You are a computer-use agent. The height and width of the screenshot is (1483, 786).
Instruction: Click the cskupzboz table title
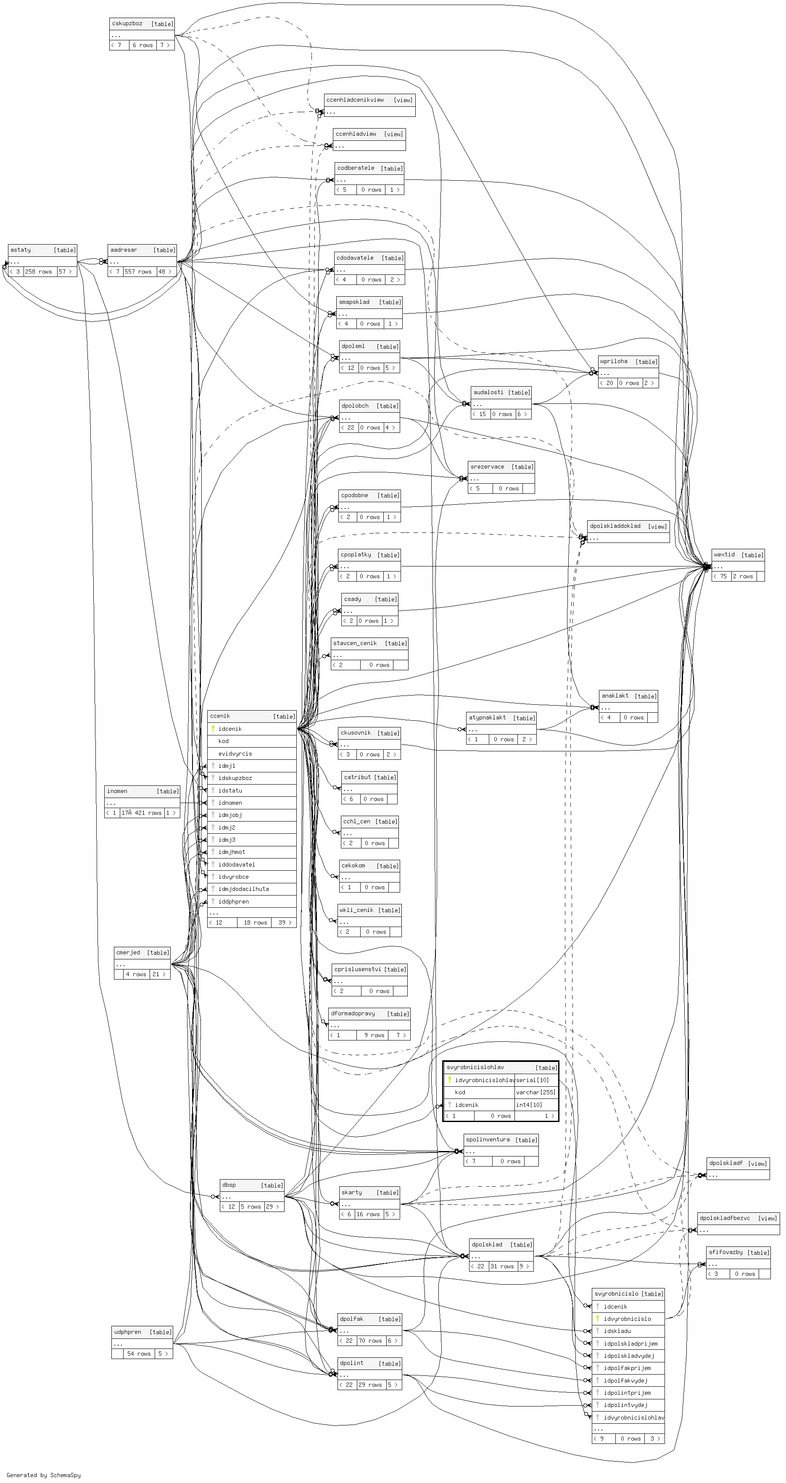tap(127, 24)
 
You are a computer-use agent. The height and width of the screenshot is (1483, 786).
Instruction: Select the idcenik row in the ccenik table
tap(230, 729)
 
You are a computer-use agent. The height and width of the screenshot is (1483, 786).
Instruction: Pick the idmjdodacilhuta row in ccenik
tap(243, 889)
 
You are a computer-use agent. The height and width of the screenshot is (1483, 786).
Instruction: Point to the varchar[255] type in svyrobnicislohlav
tap(535, 1092)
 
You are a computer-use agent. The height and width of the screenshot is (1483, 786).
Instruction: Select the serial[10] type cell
tap(532, 1080)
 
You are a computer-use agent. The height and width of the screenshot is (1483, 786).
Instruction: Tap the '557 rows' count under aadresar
tap(137, 272)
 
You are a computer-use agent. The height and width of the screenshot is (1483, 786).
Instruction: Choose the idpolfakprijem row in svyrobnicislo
tap(627, 1368)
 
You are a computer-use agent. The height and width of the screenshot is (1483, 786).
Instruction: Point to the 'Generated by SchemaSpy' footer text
tap(44, 1475)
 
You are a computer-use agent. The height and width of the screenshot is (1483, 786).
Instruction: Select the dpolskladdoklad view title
tap(615, 526)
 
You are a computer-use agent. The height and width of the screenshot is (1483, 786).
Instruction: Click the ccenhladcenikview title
tap(355, 100)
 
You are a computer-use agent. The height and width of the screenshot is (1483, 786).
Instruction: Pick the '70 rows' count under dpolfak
tap(370, 1341)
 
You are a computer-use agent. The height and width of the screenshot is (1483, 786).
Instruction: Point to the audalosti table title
tap(488, 392)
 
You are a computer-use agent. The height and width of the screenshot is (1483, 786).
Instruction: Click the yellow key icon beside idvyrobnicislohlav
tap(450, 1080)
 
